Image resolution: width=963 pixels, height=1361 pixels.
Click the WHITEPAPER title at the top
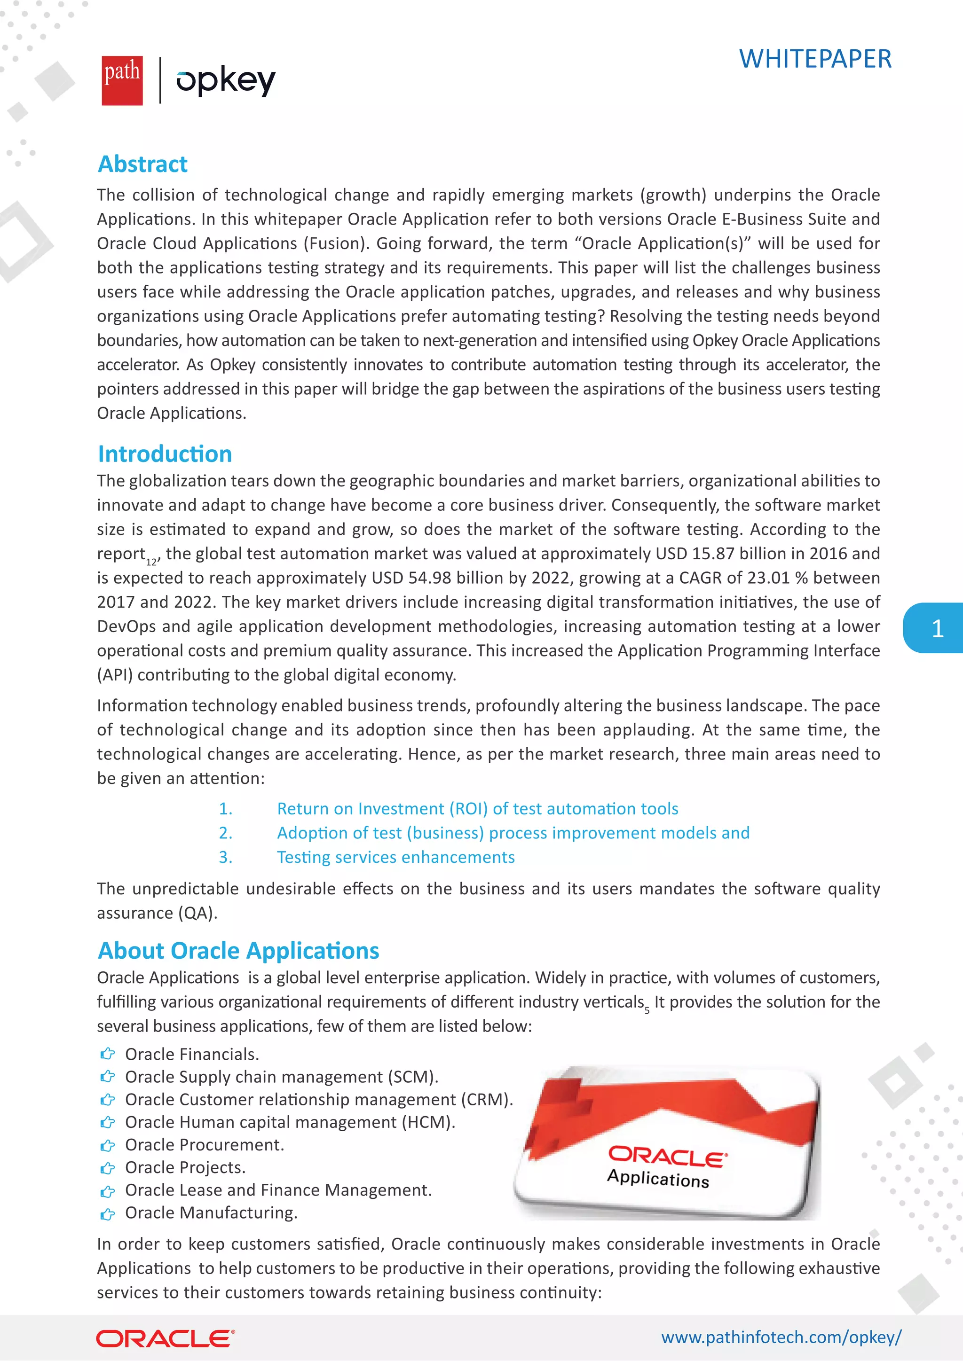[x=815, y=59]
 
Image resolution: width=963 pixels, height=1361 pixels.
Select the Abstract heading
[x=142, y=164]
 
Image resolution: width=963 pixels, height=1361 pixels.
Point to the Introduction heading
[x=165, y=454]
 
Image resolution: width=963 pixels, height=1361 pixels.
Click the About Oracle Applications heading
[x=238, y=950]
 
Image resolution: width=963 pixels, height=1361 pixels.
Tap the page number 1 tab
[x=937, y=628]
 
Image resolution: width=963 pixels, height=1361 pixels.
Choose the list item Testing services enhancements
[x=395, y=857]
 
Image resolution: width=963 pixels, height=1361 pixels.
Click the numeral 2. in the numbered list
[x=225, y=833]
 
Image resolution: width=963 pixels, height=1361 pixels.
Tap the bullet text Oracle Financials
[x=192, y=1055]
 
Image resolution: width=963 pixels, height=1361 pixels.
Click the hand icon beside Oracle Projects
[x=107, y=1168]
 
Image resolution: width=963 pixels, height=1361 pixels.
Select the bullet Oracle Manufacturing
[x=211, y=1213]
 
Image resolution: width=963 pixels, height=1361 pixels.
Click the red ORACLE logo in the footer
[x=166, y=1338]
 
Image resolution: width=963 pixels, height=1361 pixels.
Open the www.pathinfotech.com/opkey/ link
[x=781, y=1338]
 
